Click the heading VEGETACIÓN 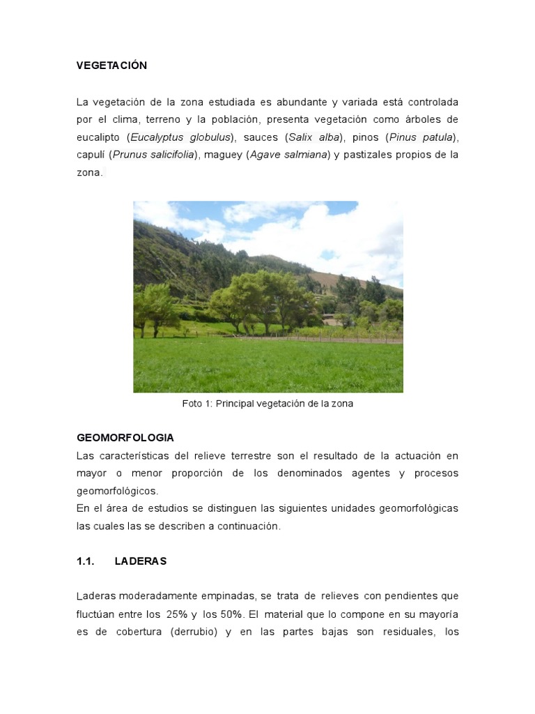(x=111, y=66)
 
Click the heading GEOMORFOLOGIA (x=125, y=438)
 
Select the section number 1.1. (x=85, y=561)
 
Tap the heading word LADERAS (x=141, y=561)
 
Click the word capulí (x=90, y=155)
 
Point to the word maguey (x=222, y=155)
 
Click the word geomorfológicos (x=117, y=491)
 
